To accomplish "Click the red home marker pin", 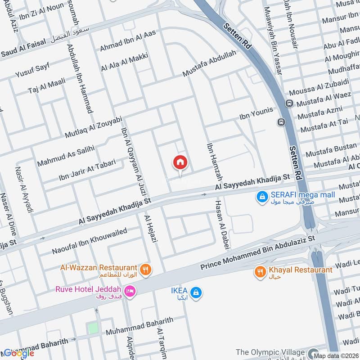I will [180, 162].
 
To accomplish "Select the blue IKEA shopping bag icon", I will [195, 293].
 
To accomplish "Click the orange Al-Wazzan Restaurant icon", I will [145, 270].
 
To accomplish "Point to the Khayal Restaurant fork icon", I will [260, 271].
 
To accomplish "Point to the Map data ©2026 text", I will [336, 356].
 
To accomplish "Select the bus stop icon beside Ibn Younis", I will [281, 122].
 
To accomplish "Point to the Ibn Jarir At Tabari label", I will [87, 171].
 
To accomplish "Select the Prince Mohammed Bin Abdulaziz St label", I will [259, 250].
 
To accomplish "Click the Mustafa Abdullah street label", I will [209, 63].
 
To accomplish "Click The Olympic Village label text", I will [270, 352].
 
